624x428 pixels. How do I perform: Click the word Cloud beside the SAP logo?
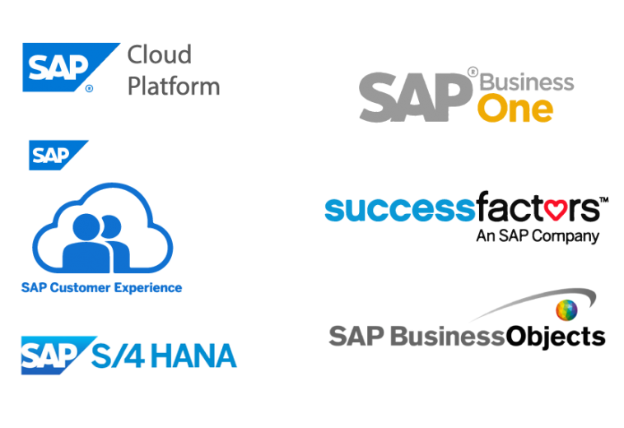tap(159, 54)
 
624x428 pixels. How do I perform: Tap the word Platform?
tap(174, 86)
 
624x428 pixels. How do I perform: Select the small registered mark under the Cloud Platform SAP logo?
tap(89, 88)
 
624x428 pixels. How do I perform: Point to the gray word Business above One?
tap(527, 82)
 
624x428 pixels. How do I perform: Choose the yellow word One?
tap(515, 108)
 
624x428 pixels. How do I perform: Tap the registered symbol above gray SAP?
tap(473, 72)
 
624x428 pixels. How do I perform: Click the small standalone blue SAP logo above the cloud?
tap(58, 155)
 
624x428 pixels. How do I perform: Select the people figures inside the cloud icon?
tap(96, 243)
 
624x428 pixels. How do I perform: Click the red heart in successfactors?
tap(556, 210)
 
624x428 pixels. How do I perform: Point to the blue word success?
tap(400, 209)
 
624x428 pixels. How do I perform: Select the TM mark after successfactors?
tap(603, 199)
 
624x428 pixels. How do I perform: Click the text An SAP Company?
tap(538, 236)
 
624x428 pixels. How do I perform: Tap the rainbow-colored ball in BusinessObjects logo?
tap(566, 309)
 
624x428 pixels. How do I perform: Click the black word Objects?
tap(556, 337)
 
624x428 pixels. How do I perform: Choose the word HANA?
tap(193, 356)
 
